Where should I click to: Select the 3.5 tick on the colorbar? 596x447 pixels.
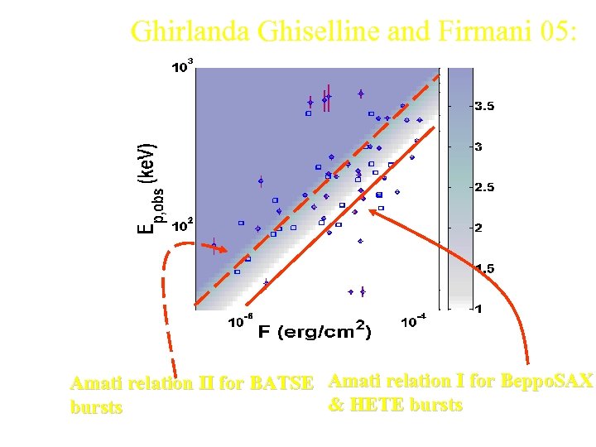coord(483,106)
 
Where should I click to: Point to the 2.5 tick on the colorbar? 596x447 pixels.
coord(483,187)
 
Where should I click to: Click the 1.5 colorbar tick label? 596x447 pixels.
coord(483,268)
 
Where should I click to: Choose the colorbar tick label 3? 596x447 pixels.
coord(478,147)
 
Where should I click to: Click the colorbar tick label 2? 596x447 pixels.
coord(478,228)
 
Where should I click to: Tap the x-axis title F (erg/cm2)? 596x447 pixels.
coord(315,331)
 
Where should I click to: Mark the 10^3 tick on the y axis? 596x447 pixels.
coord(182,66)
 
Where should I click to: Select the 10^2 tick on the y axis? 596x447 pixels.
coord(182,223)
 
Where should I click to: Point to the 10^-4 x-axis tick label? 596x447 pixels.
coord(411,322)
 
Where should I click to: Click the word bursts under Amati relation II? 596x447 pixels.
coord(96,407)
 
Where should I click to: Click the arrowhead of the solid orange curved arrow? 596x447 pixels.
coord(372,211)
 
